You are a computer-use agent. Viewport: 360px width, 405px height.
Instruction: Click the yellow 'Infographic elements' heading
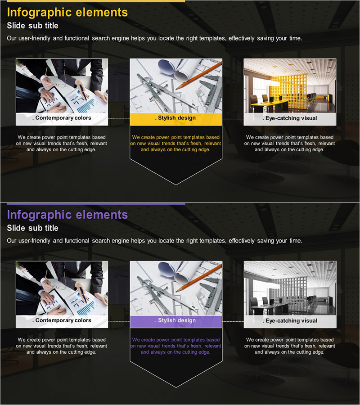point(67,13)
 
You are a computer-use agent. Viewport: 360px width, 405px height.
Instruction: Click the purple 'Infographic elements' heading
point(67,215)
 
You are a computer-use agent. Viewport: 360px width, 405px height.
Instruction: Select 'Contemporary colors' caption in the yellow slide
point(62,118)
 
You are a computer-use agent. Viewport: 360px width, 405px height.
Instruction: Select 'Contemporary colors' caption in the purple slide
point(62,320)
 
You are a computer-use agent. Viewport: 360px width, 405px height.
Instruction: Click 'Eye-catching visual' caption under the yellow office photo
point(290,118)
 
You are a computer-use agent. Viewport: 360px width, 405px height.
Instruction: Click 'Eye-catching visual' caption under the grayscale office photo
point(290,321)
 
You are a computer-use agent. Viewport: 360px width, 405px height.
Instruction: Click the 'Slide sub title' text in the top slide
point(32,26)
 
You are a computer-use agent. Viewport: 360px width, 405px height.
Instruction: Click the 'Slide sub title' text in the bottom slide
point(32,228)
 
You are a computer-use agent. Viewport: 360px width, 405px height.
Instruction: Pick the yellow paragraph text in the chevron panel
point(175,144)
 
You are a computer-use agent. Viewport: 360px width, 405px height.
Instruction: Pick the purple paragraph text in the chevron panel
point(175,346)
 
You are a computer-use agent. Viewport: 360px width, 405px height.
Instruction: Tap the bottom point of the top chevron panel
point(176,185)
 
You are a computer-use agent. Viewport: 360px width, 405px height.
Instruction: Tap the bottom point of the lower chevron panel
point(176,387)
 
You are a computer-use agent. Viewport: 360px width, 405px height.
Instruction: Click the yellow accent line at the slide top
point(96,1)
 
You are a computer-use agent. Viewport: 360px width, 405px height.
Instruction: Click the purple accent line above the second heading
point(96,204)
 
